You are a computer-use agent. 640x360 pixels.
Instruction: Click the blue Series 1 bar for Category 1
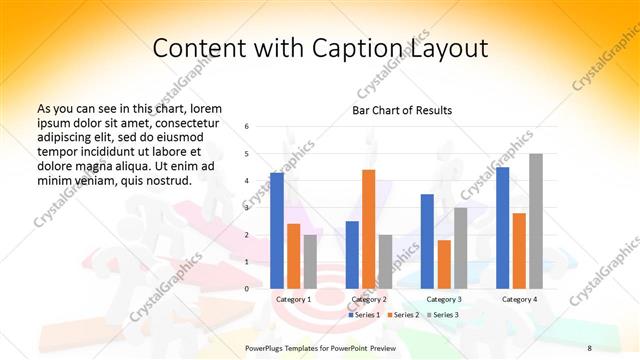pos(277,230)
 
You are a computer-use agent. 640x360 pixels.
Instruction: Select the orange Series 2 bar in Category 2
pos(368,229)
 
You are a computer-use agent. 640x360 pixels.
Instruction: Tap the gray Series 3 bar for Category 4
pos(536,221)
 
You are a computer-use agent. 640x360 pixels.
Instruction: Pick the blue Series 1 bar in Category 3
pos(427,241)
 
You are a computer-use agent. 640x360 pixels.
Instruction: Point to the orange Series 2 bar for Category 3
pos(444,264)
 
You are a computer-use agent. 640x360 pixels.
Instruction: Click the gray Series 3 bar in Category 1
pos(310,261)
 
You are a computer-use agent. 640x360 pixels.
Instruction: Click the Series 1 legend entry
pos(364,315)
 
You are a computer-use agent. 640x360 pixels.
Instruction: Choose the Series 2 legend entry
pos(403,315)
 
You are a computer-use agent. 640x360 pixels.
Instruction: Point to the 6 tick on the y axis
pos(247,126)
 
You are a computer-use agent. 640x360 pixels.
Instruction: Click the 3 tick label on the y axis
pos(247,207)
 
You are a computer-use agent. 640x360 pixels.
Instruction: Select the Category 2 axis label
pos(368,299)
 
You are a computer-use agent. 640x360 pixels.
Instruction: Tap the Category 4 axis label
pos(519,299)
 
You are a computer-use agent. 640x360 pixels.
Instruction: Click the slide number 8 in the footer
pos(590,347)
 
